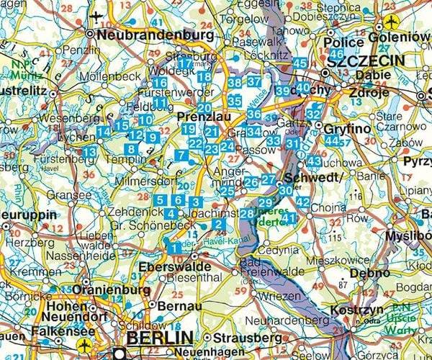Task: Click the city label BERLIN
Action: click(159, 338)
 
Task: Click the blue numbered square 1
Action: click(174, 248)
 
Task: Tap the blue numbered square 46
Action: click(336, 55)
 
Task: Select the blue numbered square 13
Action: click(89, 152)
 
